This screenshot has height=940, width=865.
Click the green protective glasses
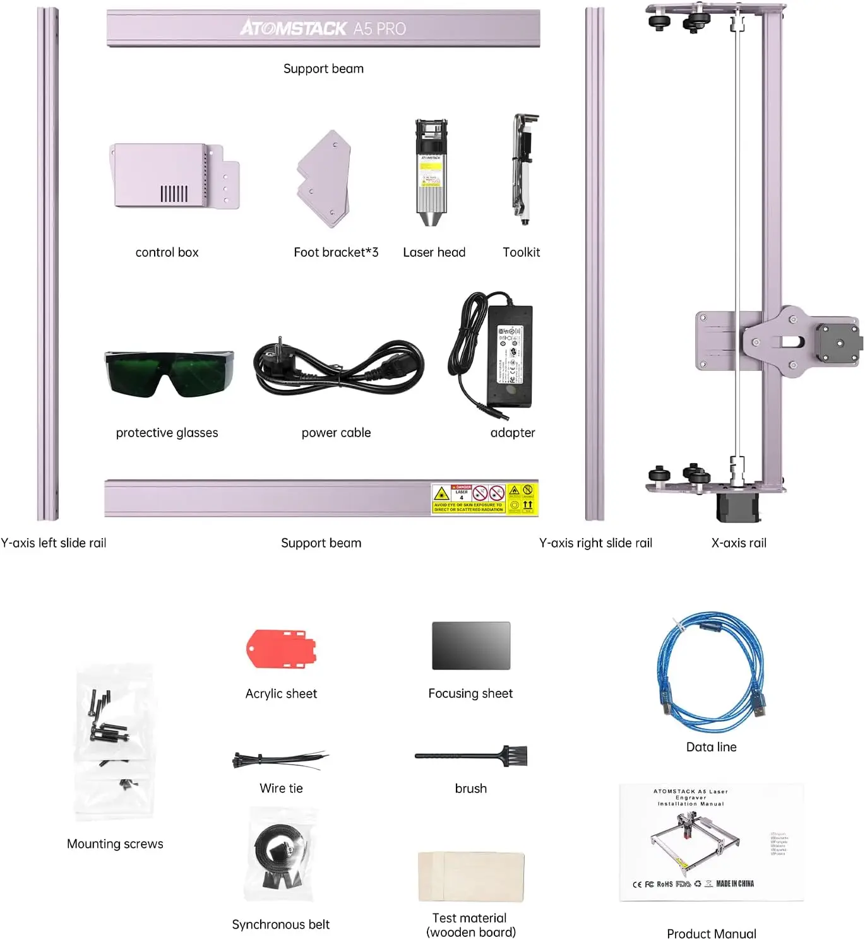pos(169,373)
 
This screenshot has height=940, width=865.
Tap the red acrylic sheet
pos(281,649)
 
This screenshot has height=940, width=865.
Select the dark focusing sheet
pos(471,645)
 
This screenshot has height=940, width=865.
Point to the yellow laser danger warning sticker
pos(484,499)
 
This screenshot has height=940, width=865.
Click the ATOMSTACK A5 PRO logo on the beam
pos(323,28)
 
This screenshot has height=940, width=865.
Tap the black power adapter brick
pos(510,356)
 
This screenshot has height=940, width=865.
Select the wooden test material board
pos(471,877)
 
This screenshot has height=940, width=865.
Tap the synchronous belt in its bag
pos(280,855)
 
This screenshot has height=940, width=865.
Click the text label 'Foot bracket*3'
pos(336,252)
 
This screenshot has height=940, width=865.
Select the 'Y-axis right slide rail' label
pos(595,543)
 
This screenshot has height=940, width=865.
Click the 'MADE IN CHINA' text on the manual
pos(735,884)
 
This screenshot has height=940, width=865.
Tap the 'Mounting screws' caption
pos(115,844)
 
